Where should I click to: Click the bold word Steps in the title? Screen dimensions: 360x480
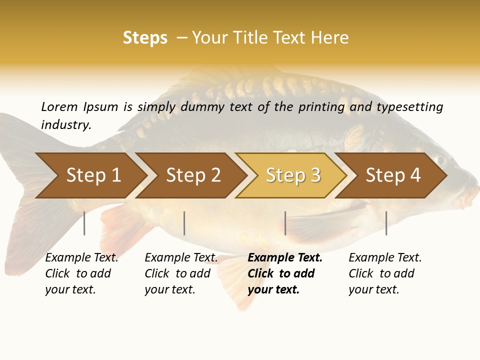(145, 37)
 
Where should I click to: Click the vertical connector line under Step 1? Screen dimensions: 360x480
(84, 223)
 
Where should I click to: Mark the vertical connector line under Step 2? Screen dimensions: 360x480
(184, 223)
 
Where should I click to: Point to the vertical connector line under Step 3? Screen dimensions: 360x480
(285, 223)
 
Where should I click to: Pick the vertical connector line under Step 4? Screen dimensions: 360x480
(386, 223)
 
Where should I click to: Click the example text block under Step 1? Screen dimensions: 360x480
(81, 273)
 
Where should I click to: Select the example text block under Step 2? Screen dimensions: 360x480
(181, 273)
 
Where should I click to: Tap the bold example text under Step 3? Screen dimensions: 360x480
(285, 273)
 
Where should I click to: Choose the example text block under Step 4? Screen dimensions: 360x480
(385, 273)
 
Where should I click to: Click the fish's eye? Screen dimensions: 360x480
(440, 159)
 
